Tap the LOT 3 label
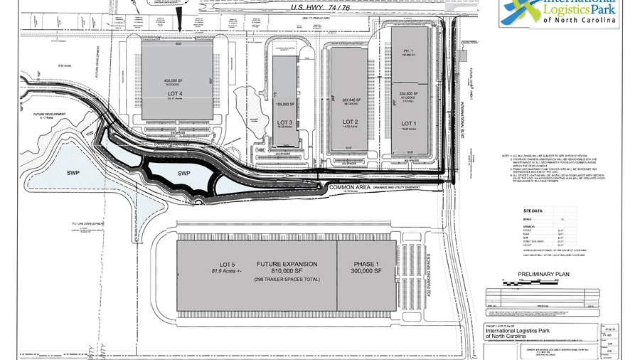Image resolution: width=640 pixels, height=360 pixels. pyautogui.click(x=284, y=122)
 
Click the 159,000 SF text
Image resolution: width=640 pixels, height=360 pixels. pyautogui.click(x=284, y=103)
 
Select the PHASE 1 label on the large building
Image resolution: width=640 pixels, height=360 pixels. pyautogui.click(x=368, y=265)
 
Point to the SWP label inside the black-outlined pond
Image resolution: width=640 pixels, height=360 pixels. pyautogui.click(x=183, y=174)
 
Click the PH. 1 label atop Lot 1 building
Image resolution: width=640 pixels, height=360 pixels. pyautogui.click(x=408, y=51)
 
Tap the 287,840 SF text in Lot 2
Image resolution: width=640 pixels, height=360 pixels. pyautogui.click(x=348, y=100)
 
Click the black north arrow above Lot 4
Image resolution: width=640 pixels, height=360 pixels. pyautogui.click(x=179, y=26)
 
